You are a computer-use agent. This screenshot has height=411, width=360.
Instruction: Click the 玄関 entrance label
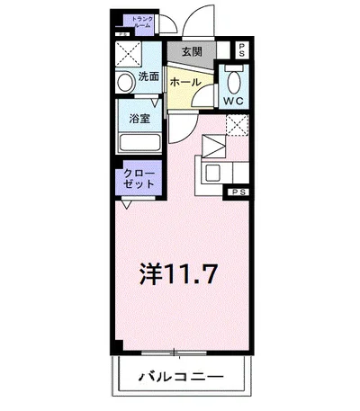click(x=192, y=51)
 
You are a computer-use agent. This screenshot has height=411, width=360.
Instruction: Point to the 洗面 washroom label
click(x=148, y=76)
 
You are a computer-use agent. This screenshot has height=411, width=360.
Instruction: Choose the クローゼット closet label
click(x=139, y=176)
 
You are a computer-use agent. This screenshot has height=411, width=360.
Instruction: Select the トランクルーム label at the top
click(x=142, y=22)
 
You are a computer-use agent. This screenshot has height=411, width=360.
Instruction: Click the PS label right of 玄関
click(x=240, y=49)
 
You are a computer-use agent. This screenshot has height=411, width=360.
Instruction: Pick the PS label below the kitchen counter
click(x=239, y=192)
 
